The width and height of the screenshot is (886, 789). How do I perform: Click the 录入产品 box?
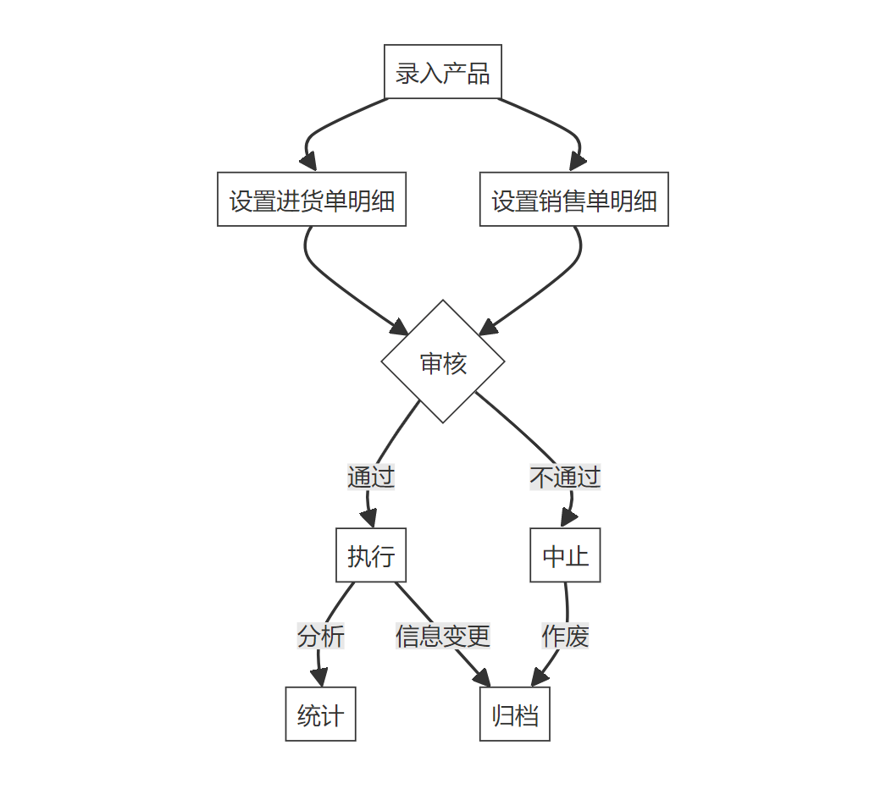click(x=443, y=73)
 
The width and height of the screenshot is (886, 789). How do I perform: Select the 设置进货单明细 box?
click(x=312, y=200)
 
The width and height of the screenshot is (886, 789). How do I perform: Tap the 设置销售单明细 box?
click(x=574, y=200)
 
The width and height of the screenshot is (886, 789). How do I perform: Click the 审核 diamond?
click(x=443, y=362)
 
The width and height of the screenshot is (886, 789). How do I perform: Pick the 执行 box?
click(x=371, y=556)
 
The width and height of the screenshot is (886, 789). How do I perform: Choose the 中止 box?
click(x=565, y=556)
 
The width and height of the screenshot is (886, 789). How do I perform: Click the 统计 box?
click(x=320, y=715)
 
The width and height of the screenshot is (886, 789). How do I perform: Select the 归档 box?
click(x=515, y=715)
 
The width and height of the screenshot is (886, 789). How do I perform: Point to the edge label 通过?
click(x=371, y=477)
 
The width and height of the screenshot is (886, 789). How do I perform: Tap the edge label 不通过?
click(x=565, y=477)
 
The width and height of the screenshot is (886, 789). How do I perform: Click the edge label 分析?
click(x=320, y=636)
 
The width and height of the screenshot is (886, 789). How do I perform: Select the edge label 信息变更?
click(x=443, y=636)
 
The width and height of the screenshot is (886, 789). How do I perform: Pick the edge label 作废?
click(x=565, y=636)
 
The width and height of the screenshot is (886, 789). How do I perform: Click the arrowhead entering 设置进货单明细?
click(x=309, y=162)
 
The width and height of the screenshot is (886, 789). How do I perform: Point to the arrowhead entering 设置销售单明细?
click(x=578, y=162)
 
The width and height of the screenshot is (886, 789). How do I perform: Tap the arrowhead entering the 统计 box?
click(x=319, y=677)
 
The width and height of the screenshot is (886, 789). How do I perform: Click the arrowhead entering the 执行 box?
click(x=370, y=519)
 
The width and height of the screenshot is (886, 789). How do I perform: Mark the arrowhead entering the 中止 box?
click(x=565, y=519)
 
